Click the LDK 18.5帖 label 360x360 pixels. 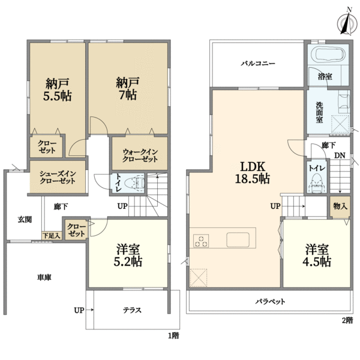coord(254,172)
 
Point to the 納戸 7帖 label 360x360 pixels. coord(127,89)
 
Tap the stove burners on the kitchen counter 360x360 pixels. coord(200,241)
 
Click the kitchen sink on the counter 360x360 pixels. coord(238,240)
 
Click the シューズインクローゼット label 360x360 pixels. coord(58,178)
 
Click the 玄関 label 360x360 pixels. coord(25,219)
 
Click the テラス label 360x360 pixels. coord(132,310)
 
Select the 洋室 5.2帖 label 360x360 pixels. coord(128,256)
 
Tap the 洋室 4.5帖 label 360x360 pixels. coord(317,256)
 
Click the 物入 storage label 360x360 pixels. coord(340,206)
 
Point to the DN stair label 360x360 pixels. coord(340,155)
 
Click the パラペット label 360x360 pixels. coord(269,301)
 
